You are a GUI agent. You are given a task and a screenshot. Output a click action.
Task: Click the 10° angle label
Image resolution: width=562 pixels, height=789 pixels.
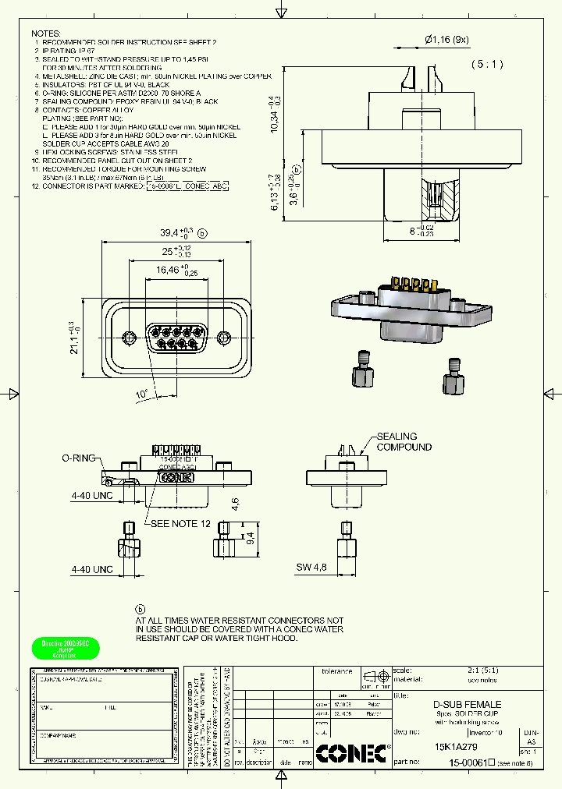pos(141,395)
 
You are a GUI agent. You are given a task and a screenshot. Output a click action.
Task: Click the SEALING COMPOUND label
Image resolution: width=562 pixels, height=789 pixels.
pos(404,442)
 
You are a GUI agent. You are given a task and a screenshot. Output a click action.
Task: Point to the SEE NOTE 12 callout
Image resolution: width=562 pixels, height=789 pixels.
pos(180,523)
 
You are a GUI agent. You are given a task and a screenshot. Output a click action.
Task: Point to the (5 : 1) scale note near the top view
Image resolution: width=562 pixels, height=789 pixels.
pos(488,65)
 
